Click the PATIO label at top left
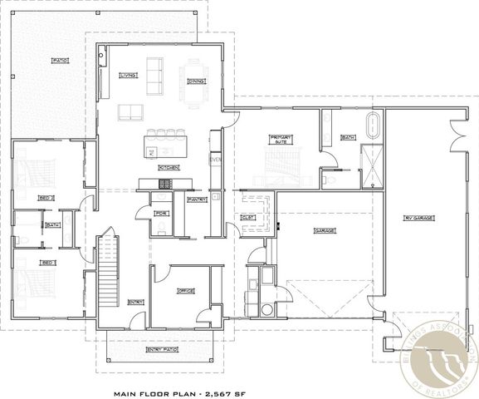(x=59, y=61)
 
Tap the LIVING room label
(x=128, y=75)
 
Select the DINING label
(x=196, y=81)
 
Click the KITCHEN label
(x=169, y=167)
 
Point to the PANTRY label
(x=198, y=199)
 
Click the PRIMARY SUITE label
(x=281, y=140)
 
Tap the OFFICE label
(x=185, y=291)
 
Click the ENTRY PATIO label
(x=159, y=350)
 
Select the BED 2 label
(x=46, y=198)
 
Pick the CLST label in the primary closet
(x=247, y=218)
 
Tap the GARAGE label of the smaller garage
(x=323, y=230)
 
